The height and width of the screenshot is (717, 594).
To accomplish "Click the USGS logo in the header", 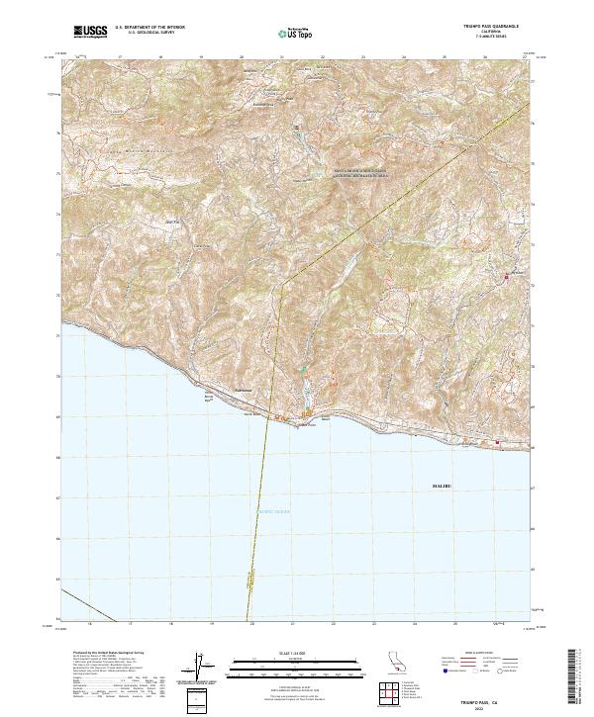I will coord(90,32).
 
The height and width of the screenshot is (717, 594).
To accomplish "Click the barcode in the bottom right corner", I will coord(577,677).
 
